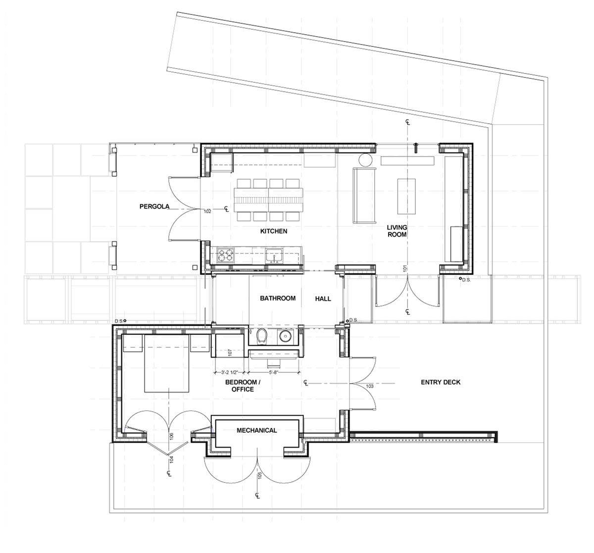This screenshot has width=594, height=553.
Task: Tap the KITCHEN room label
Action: pyautogui.click(x=274, y=231)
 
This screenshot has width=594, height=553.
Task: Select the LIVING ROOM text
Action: pyautogui.click(x=396, y=231)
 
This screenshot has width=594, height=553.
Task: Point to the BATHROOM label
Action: pyautogui.click(x=278, y=298)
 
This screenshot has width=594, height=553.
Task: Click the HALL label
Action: pyautogui.click(x=323, y=299)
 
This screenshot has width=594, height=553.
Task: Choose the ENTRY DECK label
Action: pyautogui.click(x=441, y=382)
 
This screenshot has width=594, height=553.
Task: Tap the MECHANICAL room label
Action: pyautogui.click(x=256, y=430)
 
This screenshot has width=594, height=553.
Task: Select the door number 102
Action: pyautogui.click(x=207, y=211)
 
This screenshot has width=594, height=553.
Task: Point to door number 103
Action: pyautogui.click(x=369, y=385)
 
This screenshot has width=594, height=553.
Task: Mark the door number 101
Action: pyautogui.click(x=405, y=270)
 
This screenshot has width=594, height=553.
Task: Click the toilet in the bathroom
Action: pyautogui.click(x=262, y=337)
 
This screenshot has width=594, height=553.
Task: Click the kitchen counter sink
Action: pyautogui.click(x=273, y=255)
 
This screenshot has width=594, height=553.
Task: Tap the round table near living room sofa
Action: pyautogui.click(x=365, y=160)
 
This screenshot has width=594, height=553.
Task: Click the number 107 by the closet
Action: pyautogui.click(x=230, y=353)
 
